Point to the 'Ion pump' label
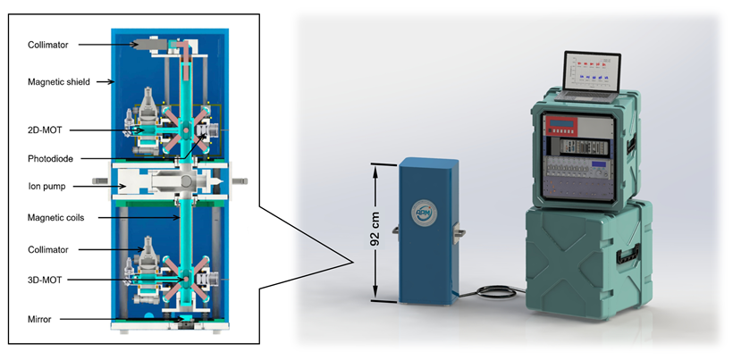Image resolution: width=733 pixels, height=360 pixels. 44,186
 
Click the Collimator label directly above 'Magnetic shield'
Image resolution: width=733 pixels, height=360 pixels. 47,44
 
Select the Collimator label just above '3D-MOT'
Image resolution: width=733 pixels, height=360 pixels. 47,249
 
